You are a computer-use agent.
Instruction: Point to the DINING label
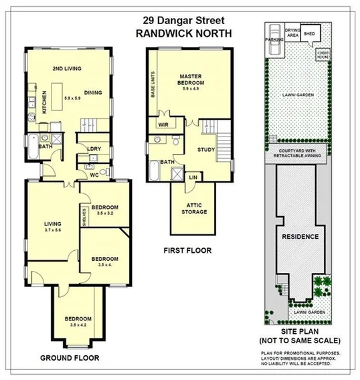point(93,92)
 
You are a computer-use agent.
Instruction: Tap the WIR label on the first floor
point(162,124)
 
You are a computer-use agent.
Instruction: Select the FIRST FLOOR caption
point(187,251)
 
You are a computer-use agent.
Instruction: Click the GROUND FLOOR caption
point(69,358)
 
